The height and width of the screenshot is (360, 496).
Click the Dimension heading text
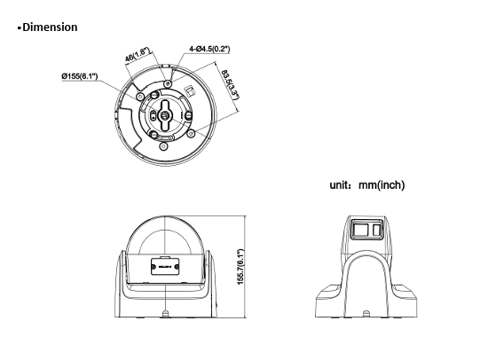click(50, 27)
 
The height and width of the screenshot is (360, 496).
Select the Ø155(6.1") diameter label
click(80, 76)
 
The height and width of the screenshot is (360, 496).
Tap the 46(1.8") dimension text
click(137, 55)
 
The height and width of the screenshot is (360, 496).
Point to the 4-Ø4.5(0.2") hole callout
click(209, 49)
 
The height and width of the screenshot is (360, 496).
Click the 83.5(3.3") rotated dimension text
click(230, 84)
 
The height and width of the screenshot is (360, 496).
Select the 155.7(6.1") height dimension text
click(241, 267)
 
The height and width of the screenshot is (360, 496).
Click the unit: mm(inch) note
click(367, 185)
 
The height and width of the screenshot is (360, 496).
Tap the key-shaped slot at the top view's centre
click(165, 115)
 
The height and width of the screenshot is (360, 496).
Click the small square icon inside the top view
click(190, 91)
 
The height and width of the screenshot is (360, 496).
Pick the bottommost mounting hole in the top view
click(163, 146)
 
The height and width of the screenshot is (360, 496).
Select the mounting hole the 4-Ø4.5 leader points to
click(168, 83)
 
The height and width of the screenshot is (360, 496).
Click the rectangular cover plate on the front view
click(165, 266)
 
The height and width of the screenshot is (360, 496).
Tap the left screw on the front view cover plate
click(154, 267)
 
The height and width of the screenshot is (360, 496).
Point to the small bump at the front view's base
click(165, 314)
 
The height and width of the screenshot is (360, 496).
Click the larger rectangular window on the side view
click(360, 230)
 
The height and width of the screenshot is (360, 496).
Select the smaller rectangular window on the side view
click(376, 230)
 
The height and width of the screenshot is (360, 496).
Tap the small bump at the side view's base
click(366, 314)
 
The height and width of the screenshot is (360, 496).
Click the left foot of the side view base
click(329, 301)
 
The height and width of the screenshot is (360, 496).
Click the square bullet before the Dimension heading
click(20, 27)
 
